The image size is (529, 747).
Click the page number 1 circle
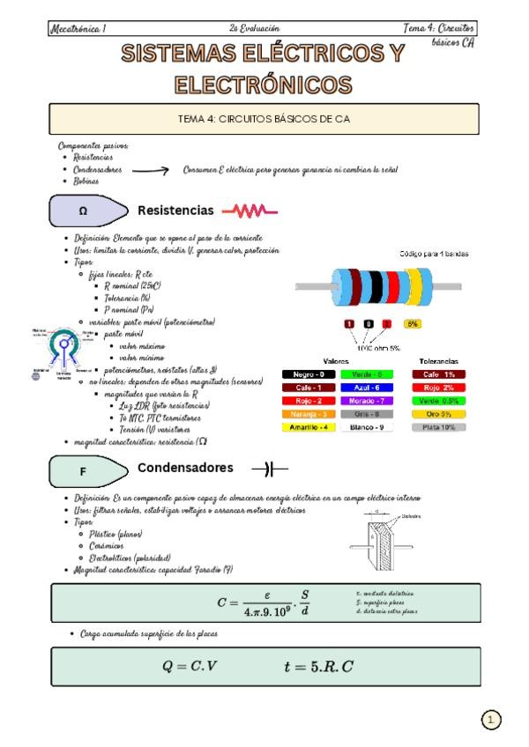(491, 720)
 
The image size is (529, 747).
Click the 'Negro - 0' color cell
(309, 374)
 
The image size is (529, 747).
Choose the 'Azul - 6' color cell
(367, 388)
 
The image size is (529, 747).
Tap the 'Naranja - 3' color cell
(309, 414)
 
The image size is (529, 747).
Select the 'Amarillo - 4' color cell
(309, 427)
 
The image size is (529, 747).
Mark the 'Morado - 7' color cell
(367, 401)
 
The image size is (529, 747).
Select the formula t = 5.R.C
(318, 666)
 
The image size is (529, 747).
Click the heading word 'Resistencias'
(175, 211)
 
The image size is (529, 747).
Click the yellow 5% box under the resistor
(412, 324)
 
